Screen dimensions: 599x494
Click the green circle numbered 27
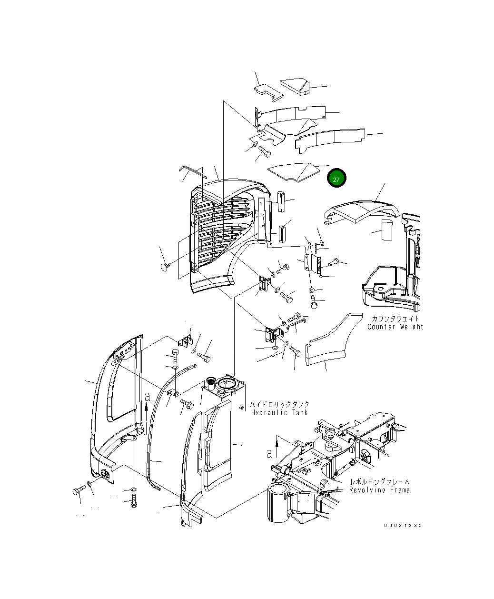336,179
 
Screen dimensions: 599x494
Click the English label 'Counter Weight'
395,327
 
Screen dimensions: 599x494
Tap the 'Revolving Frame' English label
379,489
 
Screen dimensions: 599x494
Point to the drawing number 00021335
403,526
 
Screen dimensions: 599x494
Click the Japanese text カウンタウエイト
395,319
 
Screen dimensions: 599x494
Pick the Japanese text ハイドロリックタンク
279,404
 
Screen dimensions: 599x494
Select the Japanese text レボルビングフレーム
379,481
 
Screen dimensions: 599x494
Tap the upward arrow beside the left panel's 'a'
147,405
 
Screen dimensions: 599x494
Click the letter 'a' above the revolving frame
269,453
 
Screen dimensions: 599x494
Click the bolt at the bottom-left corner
77,490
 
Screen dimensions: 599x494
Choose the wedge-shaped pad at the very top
295,87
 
